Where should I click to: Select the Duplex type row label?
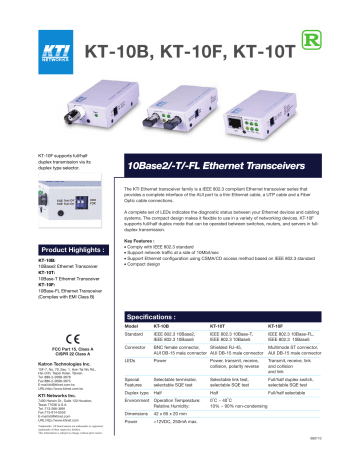[141, 394]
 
